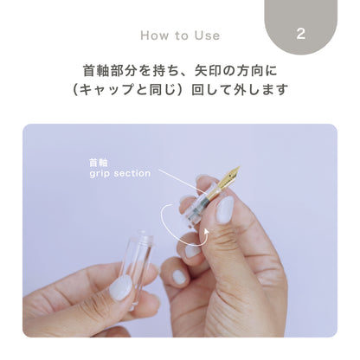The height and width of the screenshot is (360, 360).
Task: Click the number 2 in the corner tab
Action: (x=300, y=35)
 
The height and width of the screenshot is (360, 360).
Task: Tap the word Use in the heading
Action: (x=206, y=35)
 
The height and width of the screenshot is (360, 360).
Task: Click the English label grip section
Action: (x=119, y=173)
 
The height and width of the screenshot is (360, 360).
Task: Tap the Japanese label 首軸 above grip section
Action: (x=98, y=162)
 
